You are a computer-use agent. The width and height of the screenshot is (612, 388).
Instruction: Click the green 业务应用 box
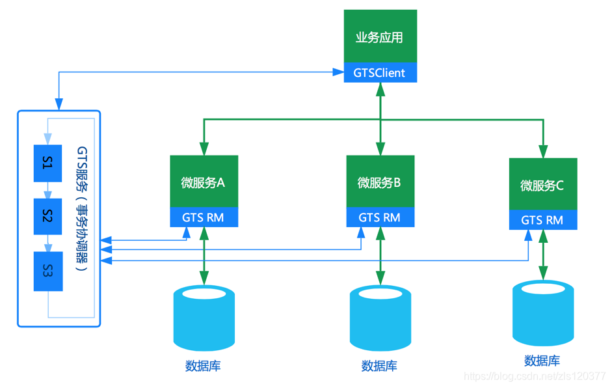point(380,36)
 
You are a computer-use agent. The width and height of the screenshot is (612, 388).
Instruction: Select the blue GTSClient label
point(380,73)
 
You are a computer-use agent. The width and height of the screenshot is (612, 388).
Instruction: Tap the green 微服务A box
point(203,182)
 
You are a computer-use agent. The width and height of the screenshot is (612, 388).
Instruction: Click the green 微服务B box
point(380,182)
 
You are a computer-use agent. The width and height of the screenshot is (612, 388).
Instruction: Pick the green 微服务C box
point(542,184)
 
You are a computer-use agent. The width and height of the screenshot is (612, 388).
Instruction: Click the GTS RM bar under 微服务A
point(203,217)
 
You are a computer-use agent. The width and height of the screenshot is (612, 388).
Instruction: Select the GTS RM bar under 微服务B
point(380,217)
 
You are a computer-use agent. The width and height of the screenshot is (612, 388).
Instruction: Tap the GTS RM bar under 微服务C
point(542,220)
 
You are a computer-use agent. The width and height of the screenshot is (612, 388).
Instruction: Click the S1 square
point(47,163)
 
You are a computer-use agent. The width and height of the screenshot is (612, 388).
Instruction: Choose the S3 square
point(47,271)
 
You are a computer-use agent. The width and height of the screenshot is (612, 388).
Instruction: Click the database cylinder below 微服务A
point(204,319)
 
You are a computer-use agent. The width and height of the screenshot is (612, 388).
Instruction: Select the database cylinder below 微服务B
point(380,319)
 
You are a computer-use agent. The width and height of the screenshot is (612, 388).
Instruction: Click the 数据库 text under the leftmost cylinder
point(203,366)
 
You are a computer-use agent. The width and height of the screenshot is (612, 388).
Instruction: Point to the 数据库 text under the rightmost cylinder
point(542,360)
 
